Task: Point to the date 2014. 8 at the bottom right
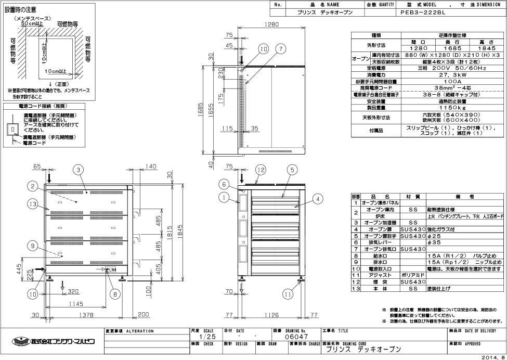point(493,357)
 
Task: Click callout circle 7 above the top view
point(281,49)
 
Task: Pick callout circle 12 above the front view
point(261,170)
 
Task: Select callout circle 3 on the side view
point(77,169)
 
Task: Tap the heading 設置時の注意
point(20,9)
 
